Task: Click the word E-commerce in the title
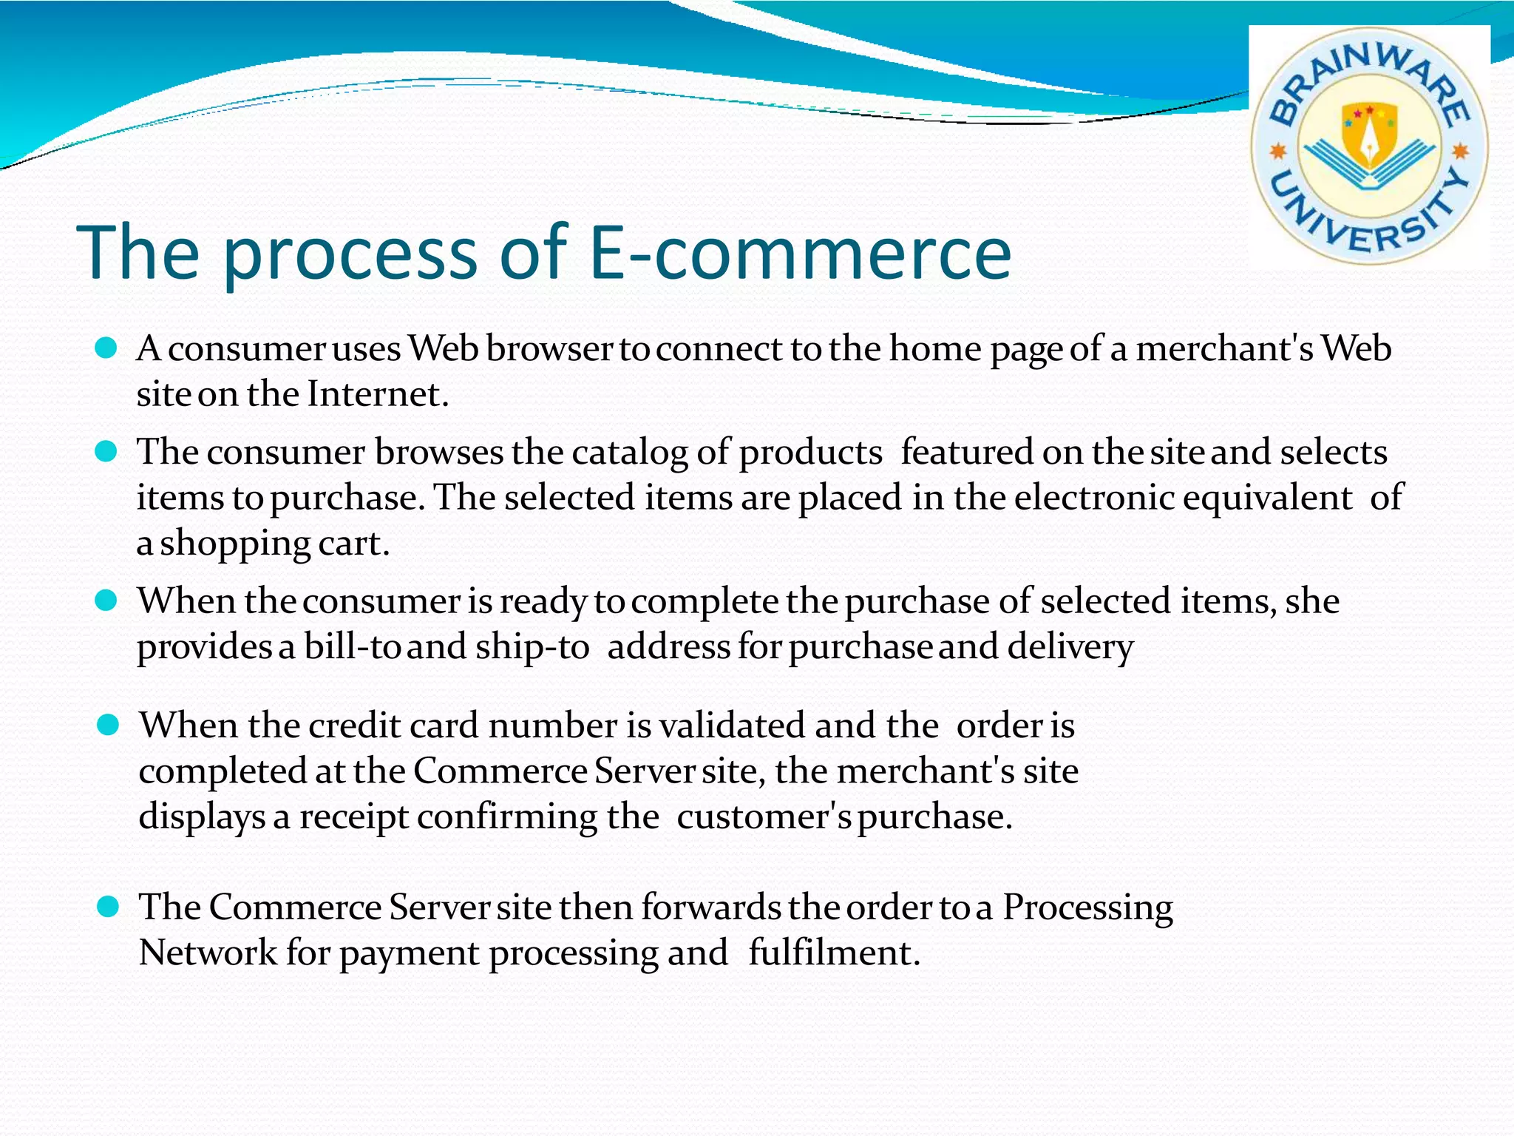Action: [801, 253]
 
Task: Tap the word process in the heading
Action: [349, 253]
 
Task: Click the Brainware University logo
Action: [1369, 146]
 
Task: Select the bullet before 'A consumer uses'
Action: [106, 348]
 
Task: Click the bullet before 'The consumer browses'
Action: [106, 452]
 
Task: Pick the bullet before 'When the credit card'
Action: [108, 726]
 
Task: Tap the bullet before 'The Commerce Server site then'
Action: [108, 907]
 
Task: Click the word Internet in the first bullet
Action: [377, 394]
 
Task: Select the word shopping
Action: [235, 544]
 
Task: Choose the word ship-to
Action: [532, 647]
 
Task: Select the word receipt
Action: [353, 817]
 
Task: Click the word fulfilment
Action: [833, 953]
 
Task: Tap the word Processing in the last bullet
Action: [1087, 908]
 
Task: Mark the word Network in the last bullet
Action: [208, 953]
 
